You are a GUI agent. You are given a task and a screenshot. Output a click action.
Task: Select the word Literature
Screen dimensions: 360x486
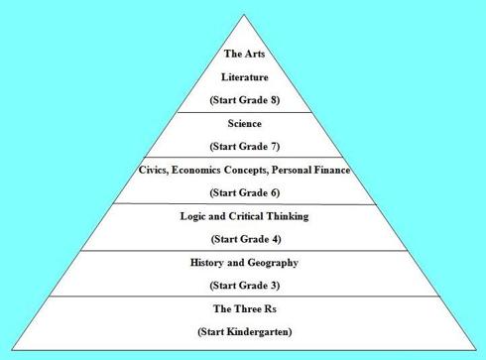click(244, 76)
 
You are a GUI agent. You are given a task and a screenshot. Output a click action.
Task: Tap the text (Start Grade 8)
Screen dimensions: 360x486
click(244, 100)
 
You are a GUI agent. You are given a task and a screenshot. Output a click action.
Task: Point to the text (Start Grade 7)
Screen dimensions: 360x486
click(244, 148)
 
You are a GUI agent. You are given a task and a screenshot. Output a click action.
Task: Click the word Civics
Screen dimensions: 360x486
click(161, 171)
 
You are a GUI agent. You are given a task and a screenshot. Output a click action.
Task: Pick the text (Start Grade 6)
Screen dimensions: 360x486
click(244, 192)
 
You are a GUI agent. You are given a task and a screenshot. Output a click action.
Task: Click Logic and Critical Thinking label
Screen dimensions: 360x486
click(244, 216)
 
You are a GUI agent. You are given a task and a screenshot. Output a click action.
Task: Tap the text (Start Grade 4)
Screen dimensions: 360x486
click(244, 239)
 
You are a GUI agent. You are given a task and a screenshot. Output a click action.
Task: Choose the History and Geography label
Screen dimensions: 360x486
click(244, 263)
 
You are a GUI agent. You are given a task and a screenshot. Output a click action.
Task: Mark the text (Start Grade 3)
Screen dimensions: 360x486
click(244, 286)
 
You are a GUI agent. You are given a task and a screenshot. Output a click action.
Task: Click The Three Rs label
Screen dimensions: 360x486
click(244, 308)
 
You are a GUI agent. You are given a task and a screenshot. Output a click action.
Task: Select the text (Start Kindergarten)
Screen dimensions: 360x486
click(244, 331)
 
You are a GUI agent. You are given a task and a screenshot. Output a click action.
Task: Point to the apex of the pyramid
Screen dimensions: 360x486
click(244, 14)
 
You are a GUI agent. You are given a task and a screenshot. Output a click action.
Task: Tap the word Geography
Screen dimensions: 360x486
click(273, 263)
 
